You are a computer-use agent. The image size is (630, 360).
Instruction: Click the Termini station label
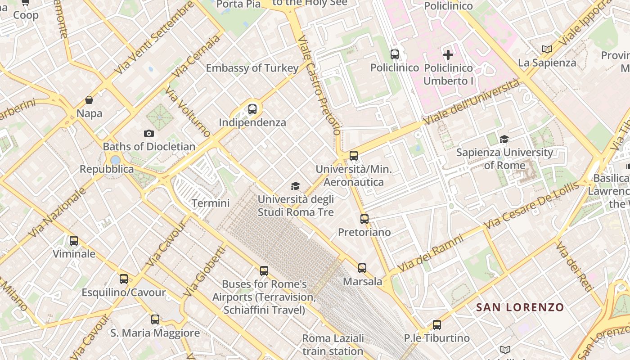tap(211, 203)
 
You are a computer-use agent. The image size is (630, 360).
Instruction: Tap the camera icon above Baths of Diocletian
tap(149, 133)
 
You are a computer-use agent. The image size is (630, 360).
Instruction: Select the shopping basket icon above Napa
tap(89, 100)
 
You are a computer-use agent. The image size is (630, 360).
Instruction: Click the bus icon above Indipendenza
tap(252, 109)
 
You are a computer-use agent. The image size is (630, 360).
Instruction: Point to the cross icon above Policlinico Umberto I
tap(448, 55)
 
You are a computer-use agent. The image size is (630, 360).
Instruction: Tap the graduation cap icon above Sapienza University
tap(504, 139)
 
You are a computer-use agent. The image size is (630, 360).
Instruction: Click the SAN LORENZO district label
tap(520, 308)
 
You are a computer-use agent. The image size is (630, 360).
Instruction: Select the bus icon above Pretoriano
tap(364, 219)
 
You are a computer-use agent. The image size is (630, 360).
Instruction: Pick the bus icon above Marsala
tap(362, 268)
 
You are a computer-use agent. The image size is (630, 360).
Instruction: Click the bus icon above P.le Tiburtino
tap(436, 324)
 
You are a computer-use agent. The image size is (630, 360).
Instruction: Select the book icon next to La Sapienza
tap(547, 49)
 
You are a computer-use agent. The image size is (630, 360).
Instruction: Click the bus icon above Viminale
tap(74, 241)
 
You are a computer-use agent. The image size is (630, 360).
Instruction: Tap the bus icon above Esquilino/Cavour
tap(124, 279)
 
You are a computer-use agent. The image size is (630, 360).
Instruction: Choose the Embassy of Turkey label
tap(252, 68)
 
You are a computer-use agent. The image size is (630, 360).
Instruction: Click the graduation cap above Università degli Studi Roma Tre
tap(296, 186)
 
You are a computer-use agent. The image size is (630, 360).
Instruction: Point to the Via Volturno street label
tap(188, 112)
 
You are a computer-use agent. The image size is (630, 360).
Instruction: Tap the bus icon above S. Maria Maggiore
tap(155, 319)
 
